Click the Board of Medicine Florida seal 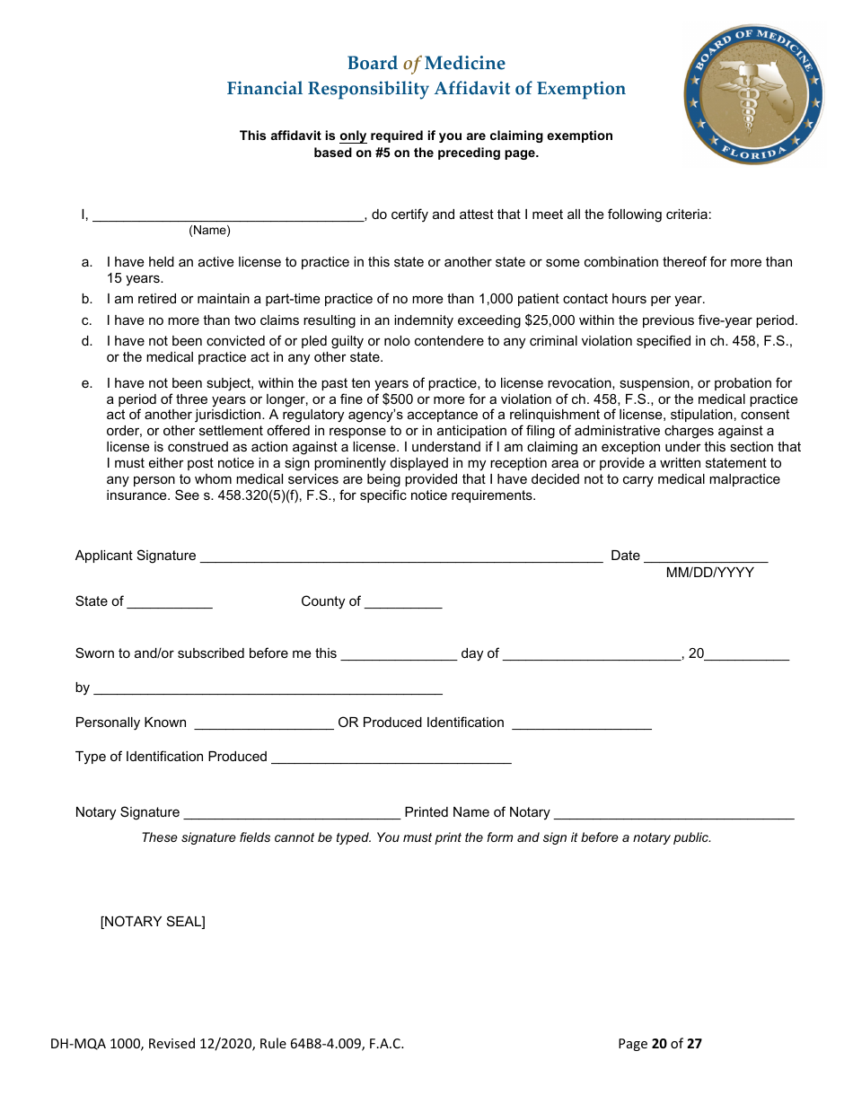(x=753, y=94)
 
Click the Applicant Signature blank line (x=400, y=556)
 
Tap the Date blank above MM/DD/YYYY (x=706, y=556)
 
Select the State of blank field (x=170, y=602)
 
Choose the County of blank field (x=403, y=602)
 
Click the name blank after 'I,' (x=228, y=215)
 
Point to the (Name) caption (x=209, y=231)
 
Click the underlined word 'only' (x=353, y=136)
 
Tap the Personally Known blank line (x=264, y=723)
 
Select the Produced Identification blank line (x=581, y=723)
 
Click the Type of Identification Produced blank (x=391, y=758)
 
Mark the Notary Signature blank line (x=292, y=813)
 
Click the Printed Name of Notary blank (x=673, y=813)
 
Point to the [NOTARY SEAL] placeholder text (x=153, y=922)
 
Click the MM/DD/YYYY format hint (x=709, y=573)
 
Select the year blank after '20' (x=747, y=654)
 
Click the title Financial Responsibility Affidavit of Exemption (x=426, y=89)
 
